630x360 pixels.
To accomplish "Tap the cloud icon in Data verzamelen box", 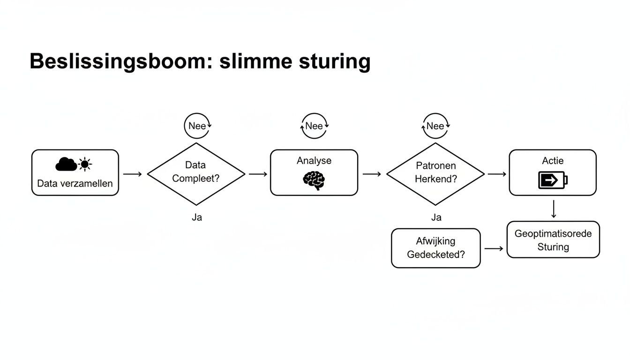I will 66,165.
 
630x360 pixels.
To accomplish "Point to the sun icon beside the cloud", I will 85,165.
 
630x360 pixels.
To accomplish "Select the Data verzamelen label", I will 75,183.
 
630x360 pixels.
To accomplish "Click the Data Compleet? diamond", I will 196,174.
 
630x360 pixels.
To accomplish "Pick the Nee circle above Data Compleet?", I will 197,126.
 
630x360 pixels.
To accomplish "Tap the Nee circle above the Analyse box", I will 314,126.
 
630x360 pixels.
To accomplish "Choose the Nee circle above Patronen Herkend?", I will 435,126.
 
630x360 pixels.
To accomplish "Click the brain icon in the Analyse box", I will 314,180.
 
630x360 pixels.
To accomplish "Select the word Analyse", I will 314,161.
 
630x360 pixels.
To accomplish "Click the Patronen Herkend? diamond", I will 435,174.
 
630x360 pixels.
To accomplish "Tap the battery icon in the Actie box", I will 553,180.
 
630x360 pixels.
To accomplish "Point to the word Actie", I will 553,161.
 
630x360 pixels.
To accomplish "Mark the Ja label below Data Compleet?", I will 197,217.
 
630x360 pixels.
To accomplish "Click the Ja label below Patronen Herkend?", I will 436,217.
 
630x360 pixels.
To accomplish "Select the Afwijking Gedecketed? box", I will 435,248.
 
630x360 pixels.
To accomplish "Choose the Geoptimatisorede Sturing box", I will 553,240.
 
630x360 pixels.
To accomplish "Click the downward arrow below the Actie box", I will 554,209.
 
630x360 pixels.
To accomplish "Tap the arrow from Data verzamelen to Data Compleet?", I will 133,174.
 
